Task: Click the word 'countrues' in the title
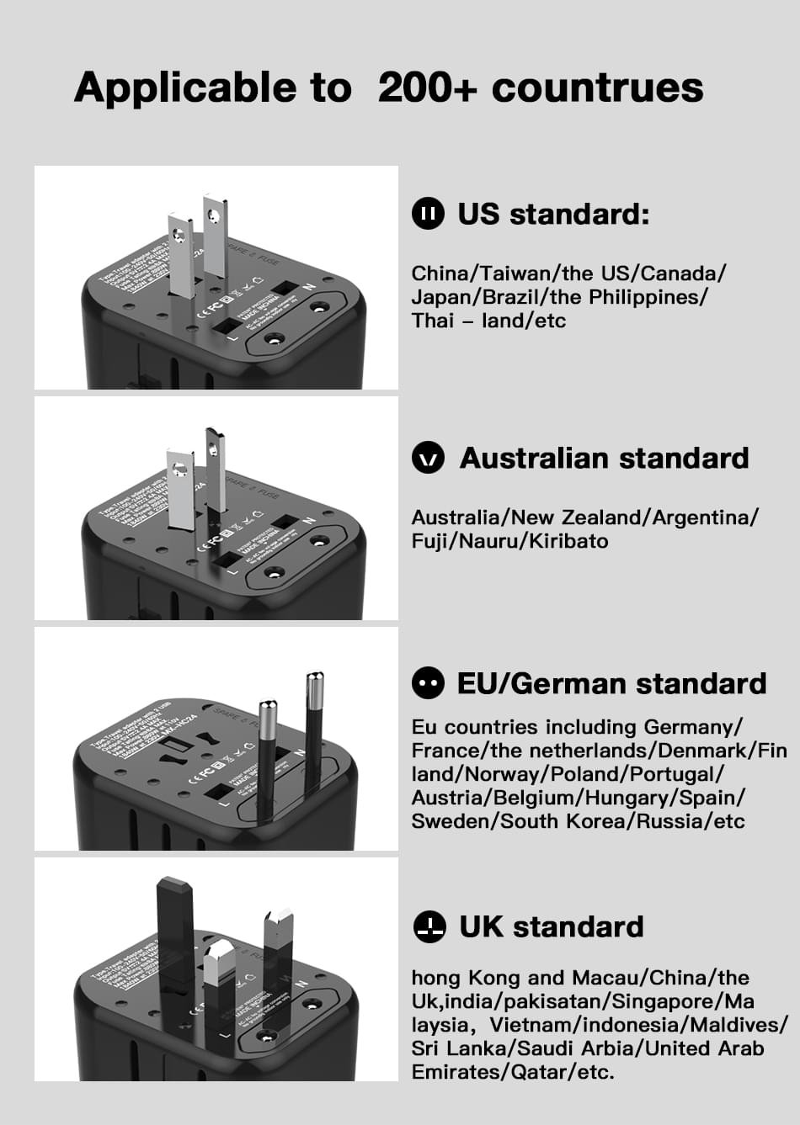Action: (x=597, y=88)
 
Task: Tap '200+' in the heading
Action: (x=427, y=88)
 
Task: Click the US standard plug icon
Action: (x=428, y=214)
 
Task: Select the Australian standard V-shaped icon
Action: (x=428, y=459)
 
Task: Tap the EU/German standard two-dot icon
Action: (x=428, y=683)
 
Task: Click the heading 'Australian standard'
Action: (x=604, y=459)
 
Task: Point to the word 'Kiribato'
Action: (x=568, y=541)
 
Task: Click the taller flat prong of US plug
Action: (x=215, y=236)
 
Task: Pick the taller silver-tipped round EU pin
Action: (x=314, y=724)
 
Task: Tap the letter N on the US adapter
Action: (x=309, y=287)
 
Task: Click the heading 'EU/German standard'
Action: (x=611, y=684)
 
